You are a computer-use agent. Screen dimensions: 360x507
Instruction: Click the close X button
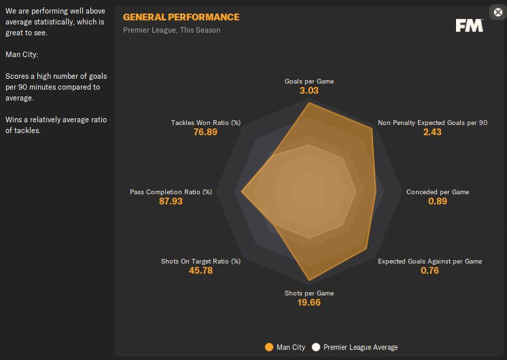(497, 12)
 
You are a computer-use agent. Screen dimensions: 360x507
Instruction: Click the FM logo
(469, 25)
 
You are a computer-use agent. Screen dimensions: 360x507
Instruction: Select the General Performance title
(181, 17)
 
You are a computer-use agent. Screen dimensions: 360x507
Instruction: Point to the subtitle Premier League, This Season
(171, 30)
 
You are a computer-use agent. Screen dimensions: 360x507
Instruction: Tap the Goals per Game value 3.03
(309, 90)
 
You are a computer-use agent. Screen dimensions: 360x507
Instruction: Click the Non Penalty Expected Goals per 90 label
(432, 123)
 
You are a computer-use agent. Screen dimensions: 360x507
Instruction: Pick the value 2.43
(432, 132)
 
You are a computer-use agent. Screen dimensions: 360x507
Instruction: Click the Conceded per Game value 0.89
(438, 201)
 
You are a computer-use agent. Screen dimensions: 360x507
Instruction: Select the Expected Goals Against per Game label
(430, 262)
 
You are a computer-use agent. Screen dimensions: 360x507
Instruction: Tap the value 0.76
(430, 270)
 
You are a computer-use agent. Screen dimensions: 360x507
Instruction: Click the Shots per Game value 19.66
(309, 302)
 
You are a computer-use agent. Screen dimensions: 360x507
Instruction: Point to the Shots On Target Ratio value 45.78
(201, 270)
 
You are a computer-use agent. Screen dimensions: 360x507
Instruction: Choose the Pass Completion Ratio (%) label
(171, 192)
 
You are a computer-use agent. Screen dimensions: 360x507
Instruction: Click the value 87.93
(171, 201)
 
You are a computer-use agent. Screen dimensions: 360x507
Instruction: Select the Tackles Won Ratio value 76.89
(206, 132)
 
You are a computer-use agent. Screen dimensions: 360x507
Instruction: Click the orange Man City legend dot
(269, 347)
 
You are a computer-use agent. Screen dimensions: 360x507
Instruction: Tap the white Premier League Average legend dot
(316, 347)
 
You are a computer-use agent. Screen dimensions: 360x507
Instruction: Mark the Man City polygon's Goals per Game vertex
(309, 103)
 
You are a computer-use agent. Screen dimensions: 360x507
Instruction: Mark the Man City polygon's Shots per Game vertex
(309, 281)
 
